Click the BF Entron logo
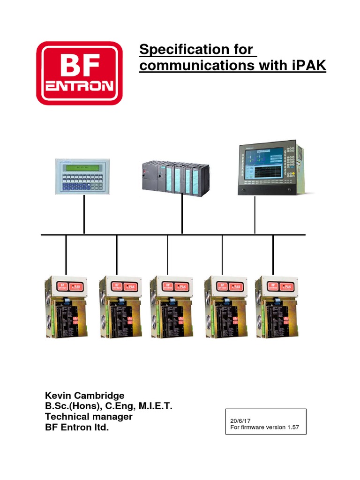click(x=79, y=73)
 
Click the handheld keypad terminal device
click(x=83, y=176)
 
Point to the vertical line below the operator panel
click(x=255, y=215)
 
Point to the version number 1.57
click(x=291, y=428)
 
